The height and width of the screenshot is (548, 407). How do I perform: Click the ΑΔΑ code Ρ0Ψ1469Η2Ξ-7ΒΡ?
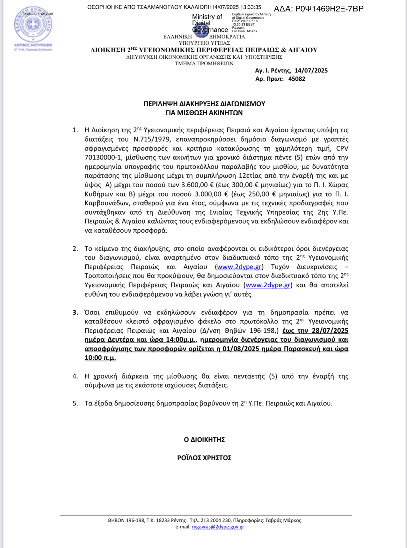click(319, 9)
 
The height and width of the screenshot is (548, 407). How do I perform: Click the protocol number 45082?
click(297, 79)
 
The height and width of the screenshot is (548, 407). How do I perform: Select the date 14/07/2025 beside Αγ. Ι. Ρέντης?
click(311, 70)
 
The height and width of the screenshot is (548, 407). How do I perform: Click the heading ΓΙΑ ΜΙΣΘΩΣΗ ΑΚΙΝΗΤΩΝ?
click(204, 113)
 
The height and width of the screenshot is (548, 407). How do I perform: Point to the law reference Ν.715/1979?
click(152, 139)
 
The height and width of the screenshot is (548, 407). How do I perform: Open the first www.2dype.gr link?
click(239, 267)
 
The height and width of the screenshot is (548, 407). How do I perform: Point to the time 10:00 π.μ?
click(100, 358)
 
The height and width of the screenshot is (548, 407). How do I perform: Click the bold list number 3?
click(75, 312)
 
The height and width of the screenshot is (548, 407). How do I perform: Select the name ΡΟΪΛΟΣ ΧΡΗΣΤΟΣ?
click(204, 458)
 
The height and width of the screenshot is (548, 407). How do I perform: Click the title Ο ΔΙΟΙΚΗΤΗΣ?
click(204, 440)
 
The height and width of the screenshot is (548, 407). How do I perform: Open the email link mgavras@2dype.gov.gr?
click(218, 527)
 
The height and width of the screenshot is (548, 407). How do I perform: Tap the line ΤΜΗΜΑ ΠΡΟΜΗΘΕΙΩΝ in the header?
click(204, 63)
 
